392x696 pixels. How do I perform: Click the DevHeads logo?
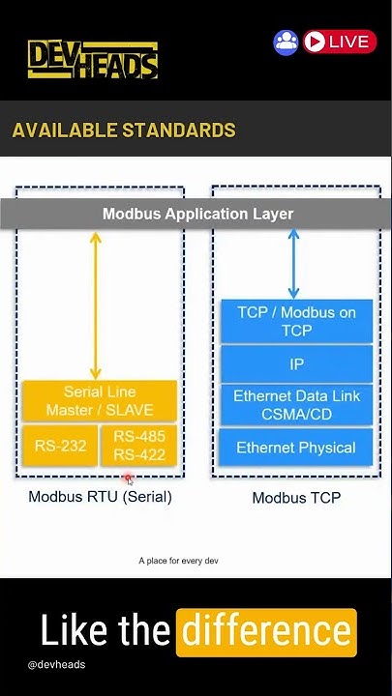[92, 60]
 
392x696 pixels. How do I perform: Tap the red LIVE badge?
[339, 42]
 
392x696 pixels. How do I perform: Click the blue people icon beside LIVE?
[286, 42]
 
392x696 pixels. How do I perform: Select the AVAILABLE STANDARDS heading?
[124, 130]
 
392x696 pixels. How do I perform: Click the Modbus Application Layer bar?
[197, 214]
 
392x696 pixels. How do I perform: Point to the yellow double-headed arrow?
[95, 304]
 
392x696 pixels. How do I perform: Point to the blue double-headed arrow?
[293, 263]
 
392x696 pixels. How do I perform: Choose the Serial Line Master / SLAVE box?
[100, 401]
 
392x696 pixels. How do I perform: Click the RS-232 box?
[60, 446]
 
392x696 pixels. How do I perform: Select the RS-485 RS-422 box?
[139, 446]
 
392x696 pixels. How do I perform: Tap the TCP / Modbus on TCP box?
[296, 321]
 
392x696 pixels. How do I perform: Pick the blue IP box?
[296, 364]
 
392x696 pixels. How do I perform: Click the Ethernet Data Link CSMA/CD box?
[296, 405]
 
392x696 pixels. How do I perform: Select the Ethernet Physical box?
[296, 448]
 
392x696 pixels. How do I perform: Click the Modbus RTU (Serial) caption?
[100, 497]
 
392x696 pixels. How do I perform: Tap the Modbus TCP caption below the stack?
[296, 498]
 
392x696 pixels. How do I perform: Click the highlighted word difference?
[266, 632]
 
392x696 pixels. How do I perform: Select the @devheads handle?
[56, 665]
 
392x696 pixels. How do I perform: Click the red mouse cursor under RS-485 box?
[128, 479]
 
